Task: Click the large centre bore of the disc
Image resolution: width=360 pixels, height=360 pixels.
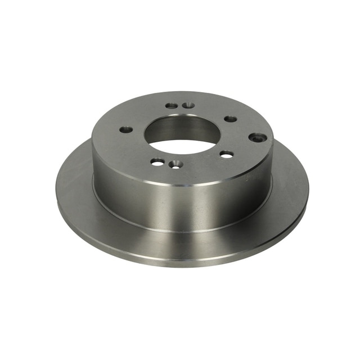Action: [x=182, y=135]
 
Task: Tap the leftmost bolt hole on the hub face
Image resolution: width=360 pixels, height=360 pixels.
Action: [x=127, y=130]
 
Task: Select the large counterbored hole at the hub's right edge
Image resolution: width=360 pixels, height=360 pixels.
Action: [x=258, y=137]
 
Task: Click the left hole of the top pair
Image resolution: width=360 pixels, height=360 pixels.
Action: [x=171, y=106]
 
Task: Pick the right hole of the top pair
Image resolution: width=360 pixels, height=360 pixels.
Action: [x=188, y=105]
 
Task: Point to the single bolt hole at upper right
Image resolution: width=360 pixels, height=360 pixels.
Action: [x=231, y=119]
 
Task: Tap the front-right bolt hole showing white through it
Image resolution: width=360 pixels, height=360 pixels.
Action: [x=226, y=154]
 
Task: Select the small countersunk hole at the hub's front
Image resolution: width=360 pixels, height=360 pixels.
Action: [x=177, y=164]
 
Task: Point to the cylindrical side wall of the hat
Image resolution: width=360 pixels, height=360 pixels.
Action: [x=180, y=202]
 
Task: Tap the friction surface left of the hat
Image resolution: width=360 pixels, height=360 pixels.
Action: [x=76, y=186]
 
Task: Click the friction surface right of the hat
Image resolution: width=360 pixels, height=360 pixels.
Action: [x=290, y=186]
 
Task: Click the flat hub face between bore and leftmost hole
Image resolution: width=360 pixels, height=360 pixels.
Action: [x=138, y=132]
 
